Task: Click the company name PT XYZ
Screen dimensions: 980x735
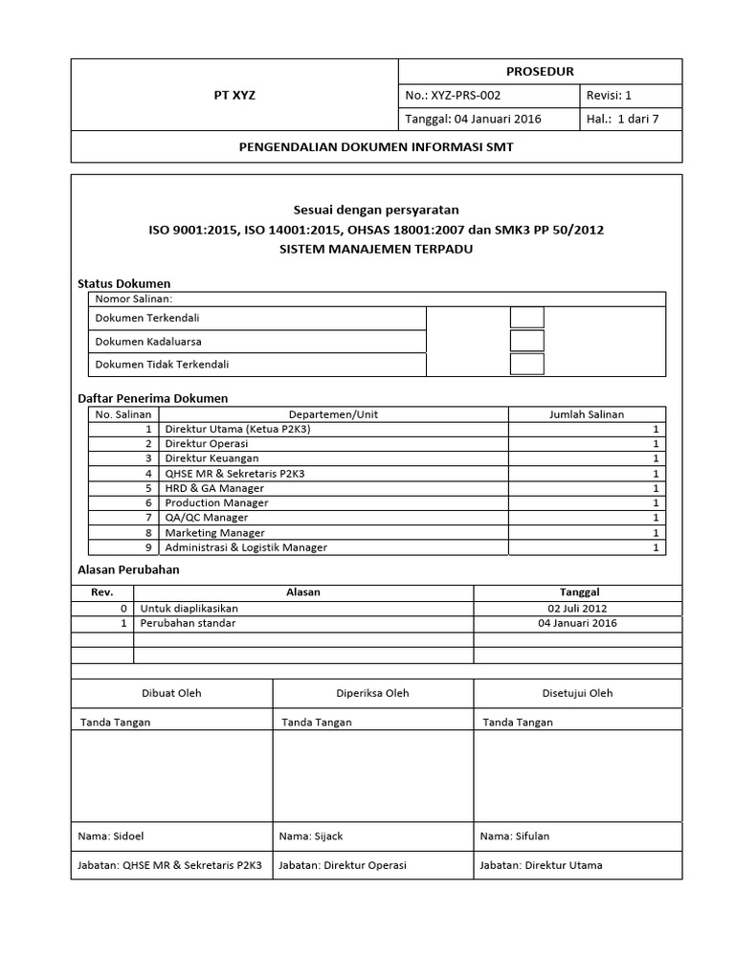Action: pos(234,96)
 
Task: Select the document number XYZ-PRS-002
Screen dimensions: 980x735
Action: pos(466,96)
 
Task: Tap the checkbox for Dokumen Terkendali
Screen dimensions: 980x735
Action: pos(527,318)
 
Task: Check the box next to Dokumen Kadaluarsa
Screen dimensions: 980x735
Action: pos(527,341)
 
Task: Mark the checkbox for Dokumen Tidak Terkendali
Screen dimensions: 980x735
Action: pos(527,364)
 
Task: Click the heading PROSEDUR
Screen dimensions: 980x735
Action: pos(540,72)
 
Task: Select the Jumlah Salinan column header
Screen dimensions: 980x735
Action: pos(587,414)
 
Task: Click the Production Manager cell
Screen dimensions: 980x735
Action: pos(216,502)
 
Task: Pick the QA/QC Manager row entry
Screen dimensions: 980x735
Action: pos(207,518)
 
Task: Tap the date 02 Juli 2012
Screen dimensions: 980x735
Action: pos(577,608)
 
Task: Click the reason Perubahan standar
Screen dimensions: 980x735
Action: pos(188,623)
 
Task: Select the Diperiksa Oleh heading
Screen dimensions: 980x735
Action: pos(372,693)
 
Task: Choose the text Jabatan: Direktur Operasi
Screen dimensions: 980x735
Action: pos(343,865)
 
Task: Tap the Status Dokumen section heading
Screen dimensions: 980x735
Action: pos(123,284)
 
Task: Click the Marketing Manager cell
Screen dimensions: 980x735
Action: pos(215,533)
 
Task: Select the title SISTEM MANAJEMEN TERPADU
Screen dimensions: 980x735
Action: pos(376,249)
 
